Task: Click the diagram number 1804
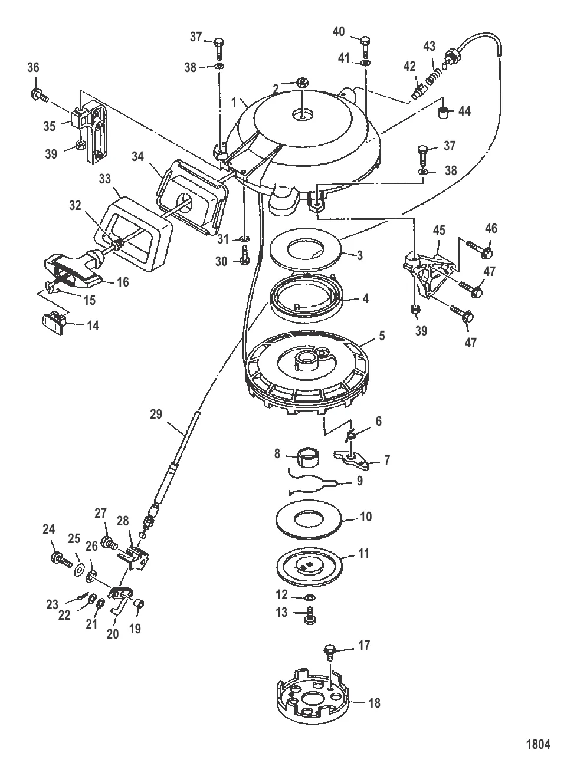[538, 744]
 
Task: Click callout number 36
[33, 67]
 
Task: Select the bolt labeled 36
[39, 94]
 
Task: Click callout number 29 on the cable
[156, 414]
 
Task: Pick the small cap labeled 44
[444, 113]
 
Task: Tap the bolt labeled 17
[330, 653]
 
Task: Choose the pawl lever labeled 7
[352, 459]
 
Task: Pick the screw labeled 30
[244, 255]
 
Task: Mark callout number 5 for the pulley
[382, 336]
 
